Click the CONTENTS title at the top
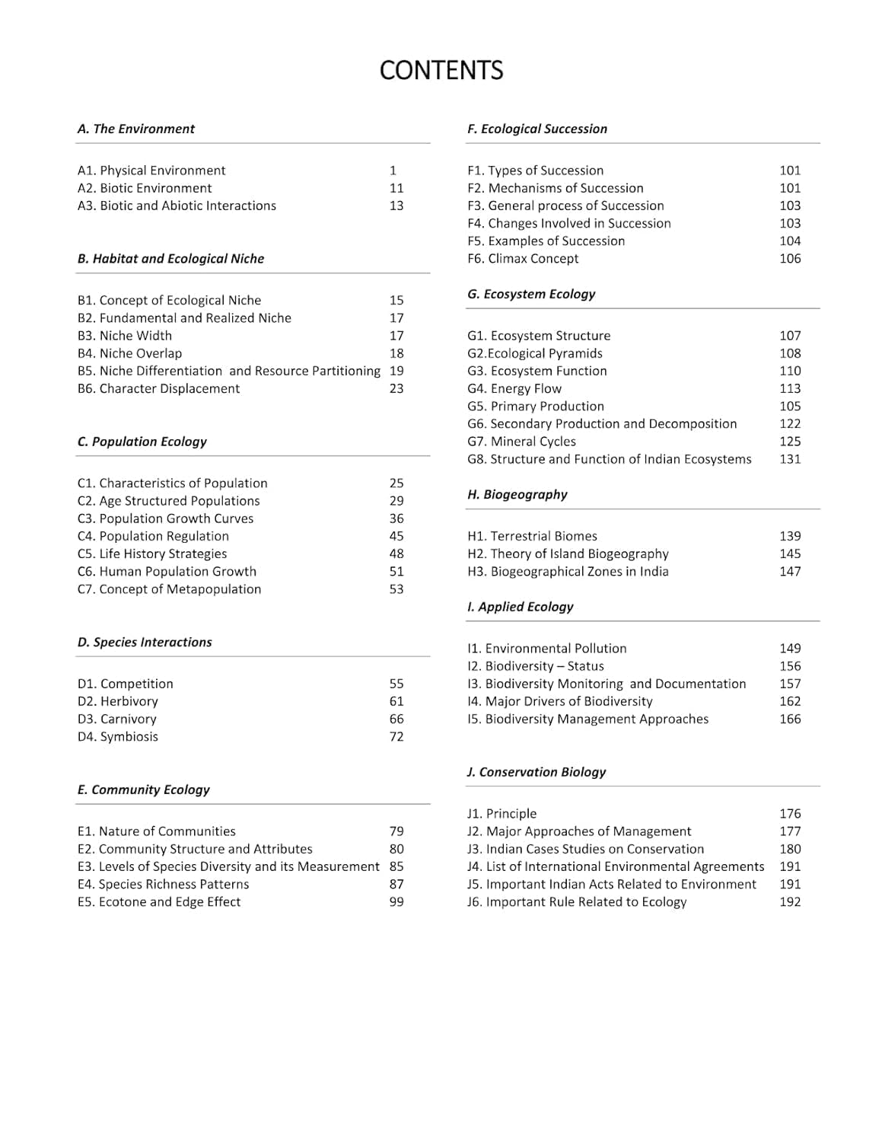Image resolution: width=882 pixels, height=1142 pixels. click(441, 70)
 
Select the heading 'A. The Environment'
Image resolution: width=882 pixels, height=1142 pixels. click(136, 129)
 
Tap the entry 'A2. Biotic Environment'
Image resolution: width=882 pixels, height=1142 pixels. click(145, 188)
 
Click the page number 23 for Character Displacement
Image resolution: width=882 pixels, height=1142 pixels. click(396, 388)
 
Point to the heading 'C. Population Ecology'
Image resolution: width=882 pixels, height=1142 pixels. click(142, 442)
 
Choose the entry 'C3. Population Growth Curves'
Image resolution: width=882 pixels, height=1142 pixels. click(165, 518)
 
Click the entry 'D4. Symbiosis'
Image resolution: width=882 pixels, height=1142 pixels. click(118, 736)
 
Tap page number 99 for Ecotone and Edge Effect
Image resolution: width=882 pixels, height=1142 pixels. click(396, 901)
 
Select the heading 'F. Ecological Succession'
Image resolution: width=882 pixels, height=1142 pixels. click(537, 129)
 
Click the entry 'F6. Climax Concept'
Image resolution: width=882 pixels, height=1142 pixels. click(523, 258)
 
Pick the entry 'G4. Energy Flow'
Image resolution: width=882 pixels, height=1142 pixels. click(514, 388)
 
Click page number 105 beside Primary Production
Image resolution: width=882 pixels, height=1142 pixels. click(790, 406)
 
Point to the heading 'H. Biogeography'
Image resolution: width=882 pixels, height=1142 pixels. click(517, 494)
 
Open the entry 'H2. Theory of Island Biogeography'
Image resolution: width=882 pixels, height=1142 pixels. click(568, 553)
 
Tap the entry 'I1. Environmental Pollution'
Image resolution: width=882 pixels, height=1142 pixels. click(547, 648)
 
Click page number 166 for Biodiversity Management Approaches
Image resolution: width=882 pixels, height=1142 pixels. click(790, 719)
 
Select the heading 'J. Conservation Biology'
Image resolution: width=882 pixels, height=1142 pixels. click(537, 771)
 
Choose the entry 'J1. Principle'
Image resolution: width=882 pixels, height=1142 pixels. click(502, 813)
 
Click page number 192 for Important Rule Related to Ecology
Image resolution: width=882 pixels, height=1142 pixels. click(790, 901)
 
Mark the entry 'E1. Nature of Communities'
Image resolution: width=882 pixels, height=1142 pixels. click(157, 831)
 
